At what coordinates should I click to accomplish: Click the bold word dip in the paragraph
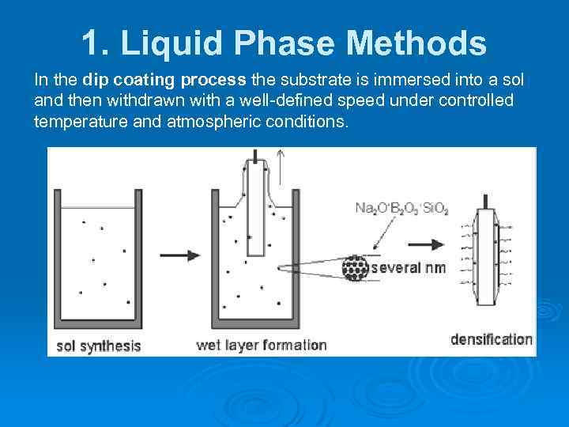point(96,81)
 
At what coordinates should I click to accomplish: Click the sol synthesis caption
point(98,346)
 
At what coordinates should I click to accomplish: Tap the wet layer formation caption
point(261,346)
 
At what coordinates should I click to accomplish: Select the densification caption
point(491,339)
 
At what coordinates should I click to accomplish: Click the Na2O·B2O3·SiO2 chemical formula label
point(401,209)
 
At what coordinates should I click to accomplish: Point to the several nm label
point(409,268)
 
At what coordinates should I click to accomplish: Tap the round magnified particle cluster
point(355,267)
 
